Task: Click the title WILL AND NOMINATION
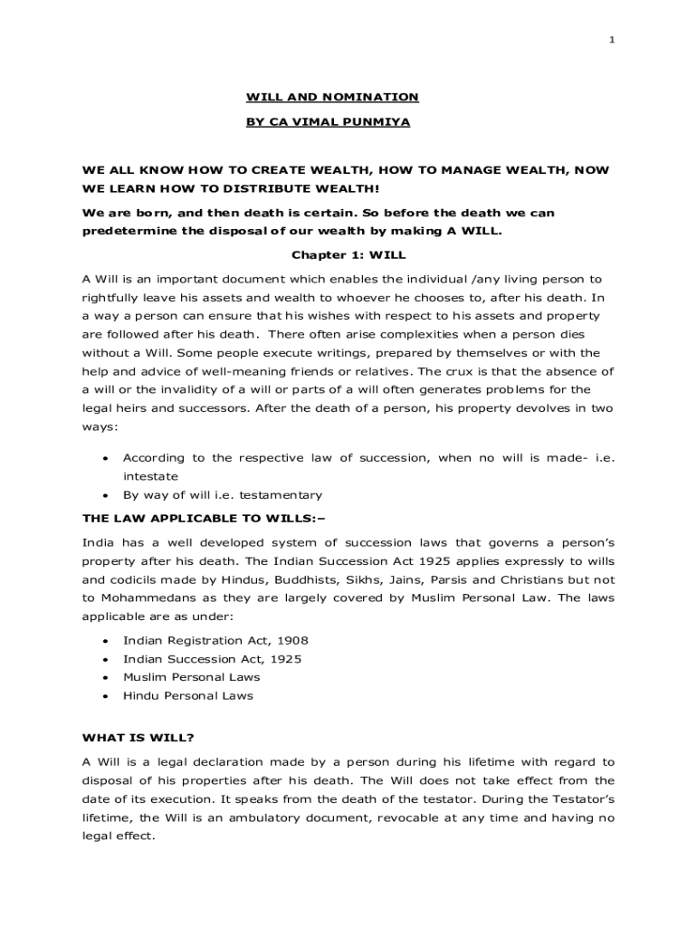click(332, 97)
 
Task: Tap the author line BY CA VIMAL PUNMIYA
click(328, 120)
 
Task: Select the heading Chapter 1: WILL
click(348, 255)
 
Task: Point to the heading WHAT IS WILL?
click(138, 737)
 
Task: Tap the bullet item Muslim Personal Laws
click(191, 676)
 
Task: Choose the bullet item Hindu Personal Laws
click(187, 695)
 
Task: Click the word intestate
click(150, 475)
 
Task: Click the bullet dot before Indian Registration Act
click(106, 641)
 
